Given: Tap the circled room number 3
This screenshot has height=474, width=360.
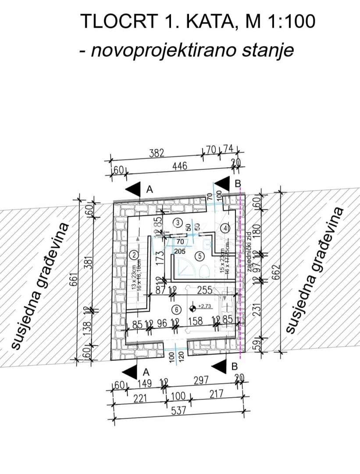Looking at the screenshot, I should tap(177, 223).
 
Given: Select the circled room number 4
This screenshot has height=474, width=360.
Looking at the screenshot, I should tap(225, 228).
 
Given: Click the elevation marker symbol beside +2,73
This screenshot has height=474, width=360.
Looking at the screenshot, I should tap(193, 306).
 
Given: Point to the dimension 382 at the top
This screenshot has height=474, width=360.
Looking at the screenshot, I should tap(156, 153).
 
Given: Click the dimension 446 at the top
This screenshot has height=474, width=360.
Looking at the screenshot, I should tap(179, 166).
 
